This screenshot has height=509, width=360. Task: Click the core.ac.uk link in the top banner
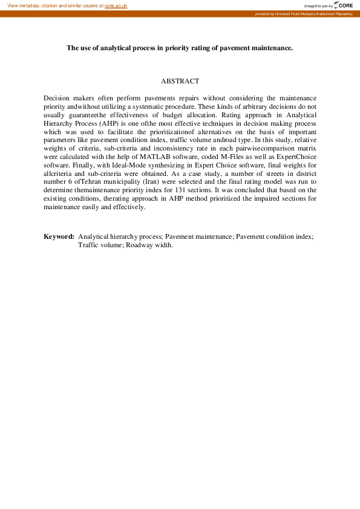[x=116, y=5]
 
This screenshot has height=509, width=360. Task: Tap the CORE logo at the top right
[x=343, y=5]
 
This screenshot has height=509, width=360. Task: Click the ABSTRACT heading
[x=180, y=81]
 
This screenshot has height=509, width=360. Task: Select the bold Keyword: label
[x=59, y=236]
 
